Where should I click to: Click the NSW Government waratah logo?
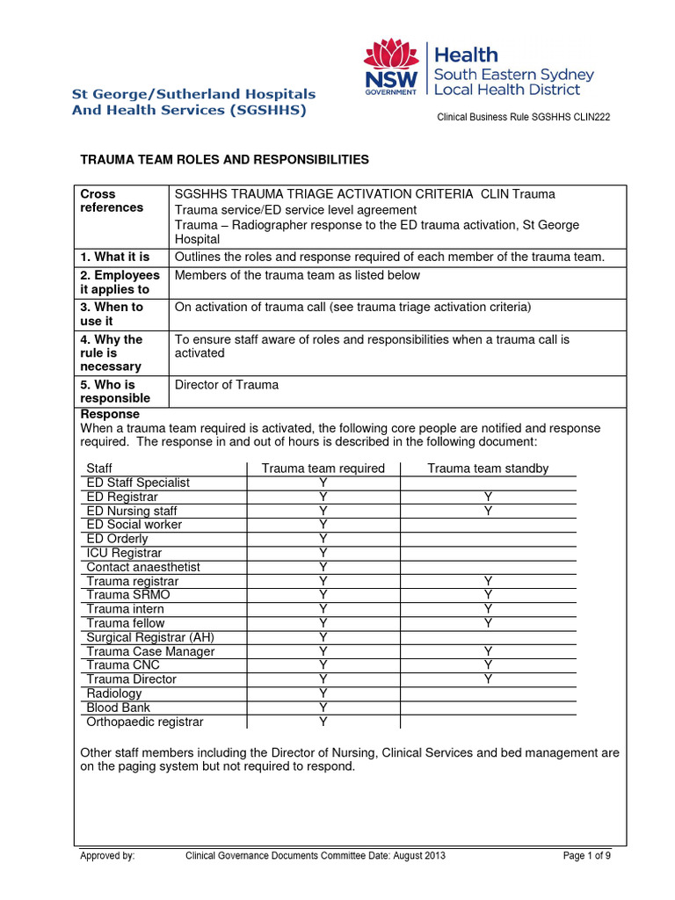click(x=392, y=69)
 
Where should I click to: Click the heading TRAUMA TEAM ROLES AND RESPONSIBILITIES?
click(x=225, y=159)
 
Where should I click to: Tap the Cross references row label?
click(x=112, y=200)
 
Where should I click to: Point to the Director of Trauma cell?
click(x=227, y=384)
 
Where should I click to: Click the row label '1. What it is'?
click(x=115, y=257)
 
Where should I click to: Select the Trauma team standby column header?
click(x=488, y=468)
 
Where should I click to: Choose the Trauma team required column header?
click(x=323, y=468)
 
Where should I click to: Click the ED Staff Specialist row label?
click(x=138, y=483)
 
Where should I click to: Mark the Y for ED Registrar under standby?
click(x=488, y=497)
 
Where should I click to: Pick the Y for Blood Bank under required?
click(x=323, y=708)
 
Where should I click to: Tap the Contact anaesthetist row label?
click(x=143, y=567)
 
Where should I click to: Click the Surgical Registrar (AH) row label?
click(x=150, y=637)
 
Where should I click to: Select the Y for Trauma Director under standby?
click(x=488, y=679)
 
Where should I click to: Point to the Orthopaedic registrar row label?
click(x=145, y=722)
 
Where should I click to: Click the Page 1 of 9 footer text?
click(x=586, y=856)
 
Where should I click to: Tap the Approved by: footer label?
click(x=107, y=856)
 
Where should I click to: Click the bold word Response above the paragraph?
click(x=110, y=414)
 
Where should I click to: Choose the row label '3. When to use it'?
click(x=112, y=314)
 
